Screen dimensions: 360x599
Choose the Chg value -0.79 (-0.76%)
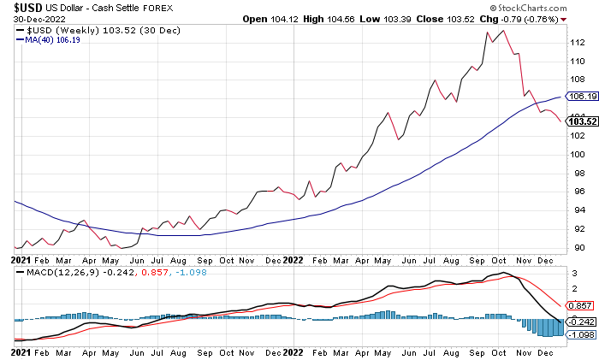click(542, 18)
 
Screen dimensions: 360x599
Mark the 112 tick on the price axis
click(578, 43)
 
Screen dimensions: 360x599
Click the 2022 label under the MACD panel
click(293, 351)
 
